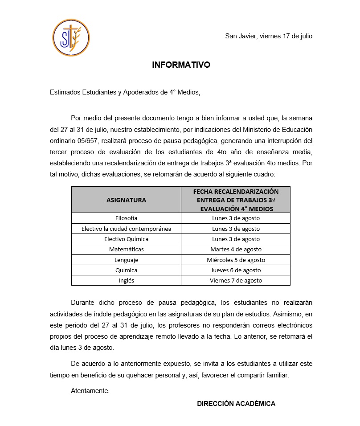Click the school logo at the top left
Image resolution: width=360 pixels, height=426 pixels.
(x=71, y=37)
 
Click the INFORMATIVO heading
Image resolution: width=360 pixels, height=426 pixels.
(x=181, y=65)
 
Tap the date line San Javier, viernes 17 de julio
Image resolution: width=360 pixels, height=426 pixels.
(x=269, y=36)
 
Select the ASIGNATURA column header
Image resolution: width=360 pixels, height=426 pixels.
(x=126, y=200)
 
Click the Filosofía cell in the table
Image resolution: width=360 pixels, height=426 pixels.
(x=126, y=218)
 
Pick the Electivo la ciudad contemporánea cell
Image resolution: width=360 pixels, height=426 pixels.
(x=126, y=229)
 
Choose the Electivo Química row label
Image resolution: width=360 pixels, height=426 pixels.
(x=126, y=239)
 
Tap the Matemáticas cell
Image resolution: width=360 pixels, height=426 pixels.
(x=126, y=250)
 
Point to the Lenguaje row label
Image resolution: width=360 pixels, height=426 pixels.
(x=126, y=260)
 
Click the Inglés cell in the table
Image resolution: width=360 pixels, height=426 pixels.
(x=126, y=281)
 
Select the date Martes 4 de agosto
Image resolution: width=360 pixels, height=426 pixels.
(x=236, y=250)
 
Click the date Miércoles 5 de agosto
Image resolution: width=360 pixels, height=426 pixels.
(x=236, y=260)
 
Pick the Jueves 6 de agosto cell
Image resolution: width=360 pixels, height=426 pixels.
(x=236, y=270)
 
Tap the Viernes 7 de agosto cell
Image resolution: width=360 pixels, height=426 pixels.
(x=236, y=281)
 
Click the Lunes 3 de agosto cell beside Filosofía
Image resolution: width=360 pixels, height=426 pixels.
(x=236, y=218)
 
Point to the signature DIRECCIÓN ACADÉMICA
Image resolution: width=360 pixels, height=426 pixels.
(x=236, y=404)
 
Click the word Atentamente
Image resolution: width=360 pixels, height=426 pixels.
(x=90, y=391)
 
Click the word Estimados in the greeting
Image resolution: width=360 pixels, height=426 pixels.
(x=65, y=93)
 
